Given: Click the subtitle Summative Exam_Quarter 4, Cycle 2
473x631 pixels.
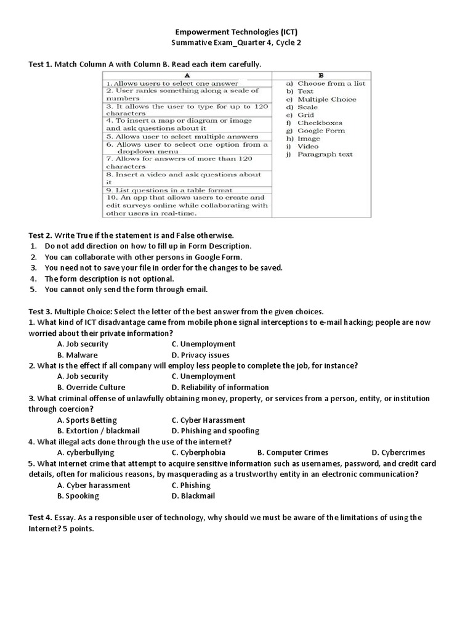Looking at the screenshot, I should (236, 43).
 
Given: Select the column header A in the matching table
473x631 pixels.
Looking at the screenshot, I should (186, 75).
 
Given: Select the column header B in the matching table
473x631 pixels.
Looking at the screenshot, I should (320, 75).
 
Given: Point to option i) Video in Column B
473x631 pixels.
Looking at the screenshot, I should (307, 147).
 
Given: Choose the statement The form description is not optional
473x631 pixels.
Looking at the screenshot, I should (105, 279).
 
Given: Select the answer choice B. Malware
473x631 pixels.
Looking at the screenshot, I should (77, 355).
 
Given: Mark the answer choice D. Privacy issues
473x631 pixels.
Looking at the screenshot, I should (200, 355).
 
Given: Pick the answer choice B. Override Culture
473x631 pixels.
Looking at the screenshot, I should (91, 388).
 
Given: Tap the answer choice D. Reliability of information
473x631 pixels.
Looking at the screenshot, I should (220, 388).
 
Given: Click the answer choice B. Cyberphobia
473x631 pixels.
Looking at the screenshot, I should (198, 452).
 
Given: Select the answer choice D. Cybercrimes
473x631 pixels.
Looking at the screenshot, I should (398, 452).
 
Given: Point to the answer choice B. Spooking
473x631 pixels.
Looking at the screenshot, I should (78, 495).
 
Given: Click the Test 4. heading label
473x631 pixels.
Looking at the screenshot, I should (41, 518).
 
